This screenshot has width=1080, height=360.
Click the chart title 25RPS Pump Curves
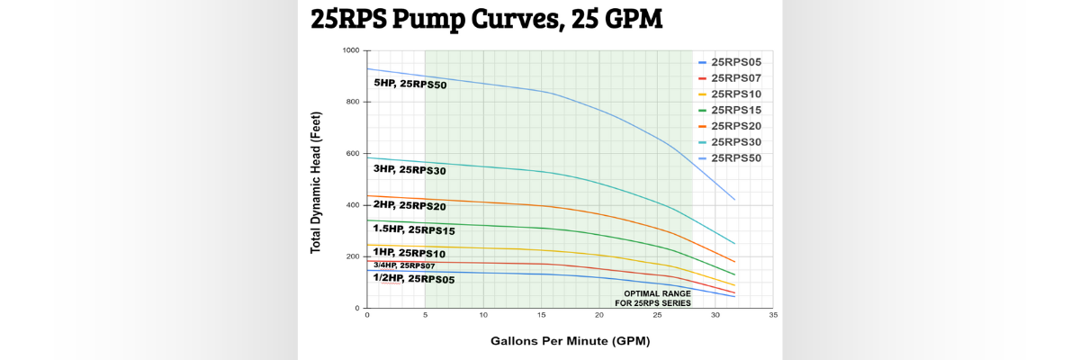(486, 20)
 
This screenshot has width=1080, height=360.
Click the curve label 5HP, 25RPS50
(410, 85)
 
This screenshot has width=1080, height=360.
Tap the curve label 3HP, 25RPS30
(410, 170)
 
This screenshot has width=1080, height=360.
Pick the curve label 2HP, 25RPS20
(410, 205)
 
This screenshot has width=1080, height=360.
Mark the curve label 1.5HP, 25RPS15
(414, 229)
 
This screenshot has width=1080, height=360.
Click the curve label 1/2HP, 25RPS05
(414, 279)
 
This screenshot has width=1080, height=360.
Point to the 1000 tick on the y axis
(350, 50)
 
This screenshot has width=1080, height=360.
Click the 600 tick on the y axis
(353, 154)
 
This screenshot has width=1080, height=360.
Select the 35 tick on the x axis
(773, 316)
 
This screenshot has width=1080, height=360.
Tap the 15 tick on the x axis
(541, 316)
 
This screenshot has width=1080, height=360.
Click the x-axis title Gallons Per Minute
(570, 341)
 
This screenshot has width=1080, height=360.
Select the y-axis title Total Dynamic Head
(316, 182)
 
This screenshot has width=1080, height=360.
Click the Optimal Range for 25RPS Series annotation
(652, 299)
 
